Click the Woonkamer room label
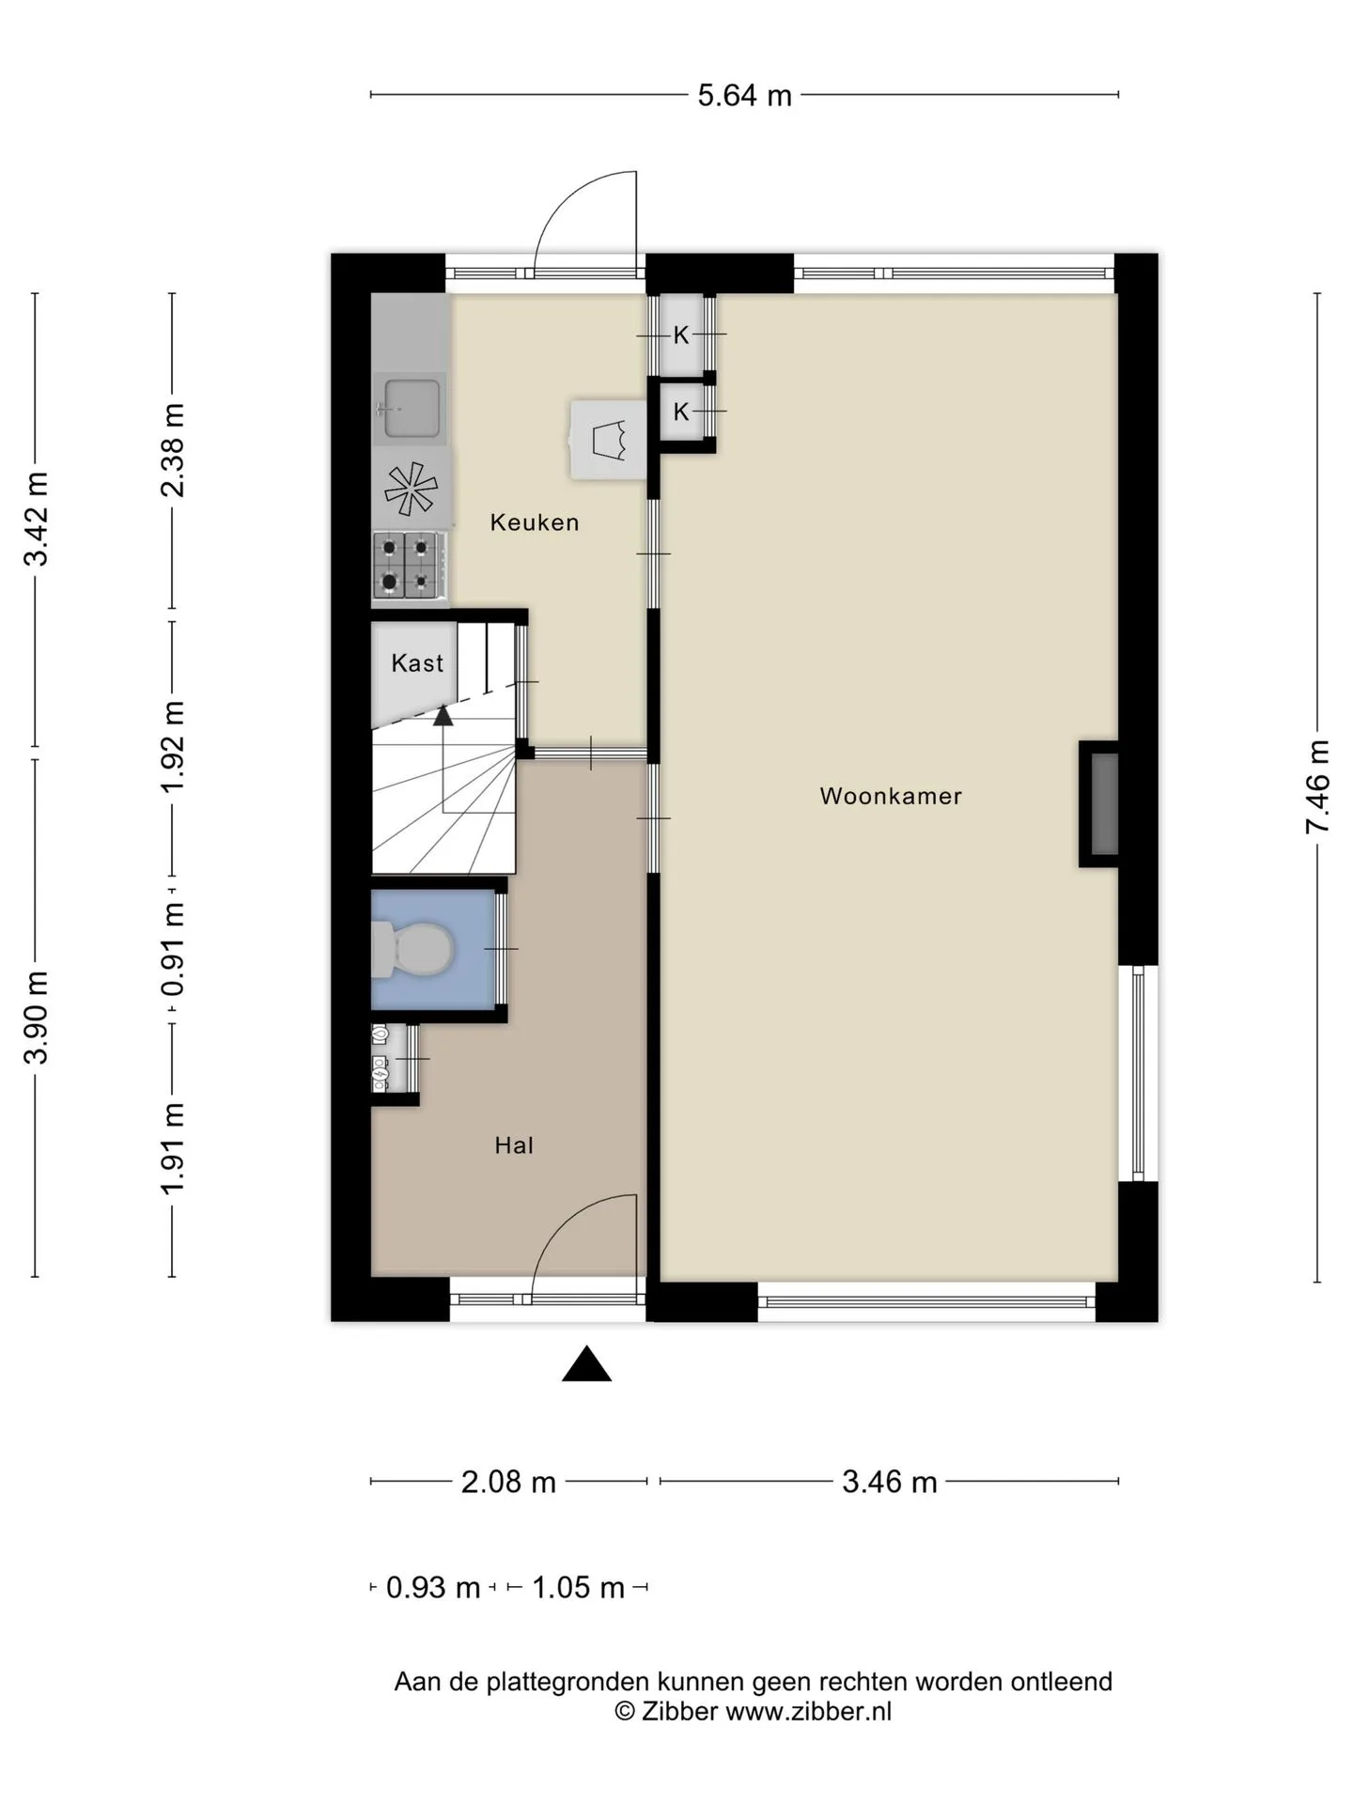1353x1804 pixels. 891,796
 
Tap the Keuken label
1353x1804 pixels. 535,522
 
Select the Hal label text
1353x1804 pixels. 514,1145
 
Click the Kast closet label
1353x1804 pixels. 417,663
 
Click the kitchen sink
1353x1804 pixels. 411,409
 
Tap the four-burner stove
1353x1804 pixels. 407,565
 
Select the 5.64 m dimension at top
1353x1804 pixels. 744,96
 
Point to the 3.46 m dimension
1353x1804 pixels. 889,1482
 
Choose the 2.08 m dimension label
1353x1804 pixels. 508,1482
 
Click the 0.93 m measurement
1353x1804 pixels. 433,1588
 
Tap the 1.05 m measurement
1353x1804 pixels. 578,1588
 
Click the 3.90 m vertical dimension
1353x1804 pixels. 36,1018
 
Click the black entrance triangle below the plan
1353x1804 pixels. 586,1365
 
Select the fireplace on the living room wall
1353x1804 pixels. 1099,804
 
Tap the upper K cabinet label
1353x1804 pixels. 681,334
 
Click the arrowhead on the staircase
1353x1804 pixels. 443,715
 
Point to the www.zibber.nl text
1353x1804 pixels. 809,1711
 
